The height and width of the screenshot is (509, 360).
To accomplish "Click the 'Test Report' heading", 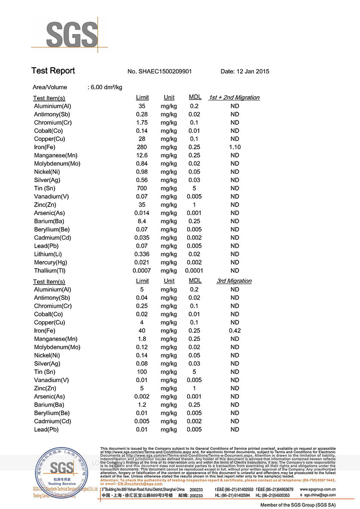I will coord(53,71).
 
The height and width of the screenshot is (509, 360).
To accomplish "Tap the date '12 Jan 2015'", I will coord(252,72).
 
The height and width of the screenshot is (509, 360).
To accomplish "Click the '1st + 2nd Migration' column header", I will coord(234,97).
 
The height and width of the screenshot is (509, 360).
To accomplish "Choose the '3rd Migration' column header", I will coord(234,281).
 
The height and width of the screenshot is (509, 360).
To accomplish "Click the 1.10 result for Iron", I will coord(235,147).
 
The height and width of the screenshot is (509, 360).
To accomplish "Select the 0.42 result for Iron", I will coord(235,331).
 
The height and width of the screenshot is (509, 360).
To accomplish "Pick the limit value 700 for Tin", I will coord(142,188).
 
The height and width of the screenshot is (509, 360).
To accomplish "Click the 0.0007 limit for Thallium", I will coord(142,271).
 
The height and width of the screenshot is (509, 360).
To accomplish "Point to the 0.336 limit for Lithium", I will coord(142,254).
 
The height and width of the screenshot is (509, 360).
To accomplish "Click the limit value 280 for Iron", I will coord(142,147).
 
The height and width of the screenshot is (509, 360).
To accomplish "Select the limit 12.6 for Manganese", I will coord(142,156).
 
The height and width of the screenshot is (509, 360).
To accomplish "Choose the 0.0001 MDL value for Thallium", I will coord(194,271).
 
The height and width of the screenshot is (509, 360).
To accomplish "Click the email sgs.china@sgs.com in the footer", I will coord(318,495).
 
